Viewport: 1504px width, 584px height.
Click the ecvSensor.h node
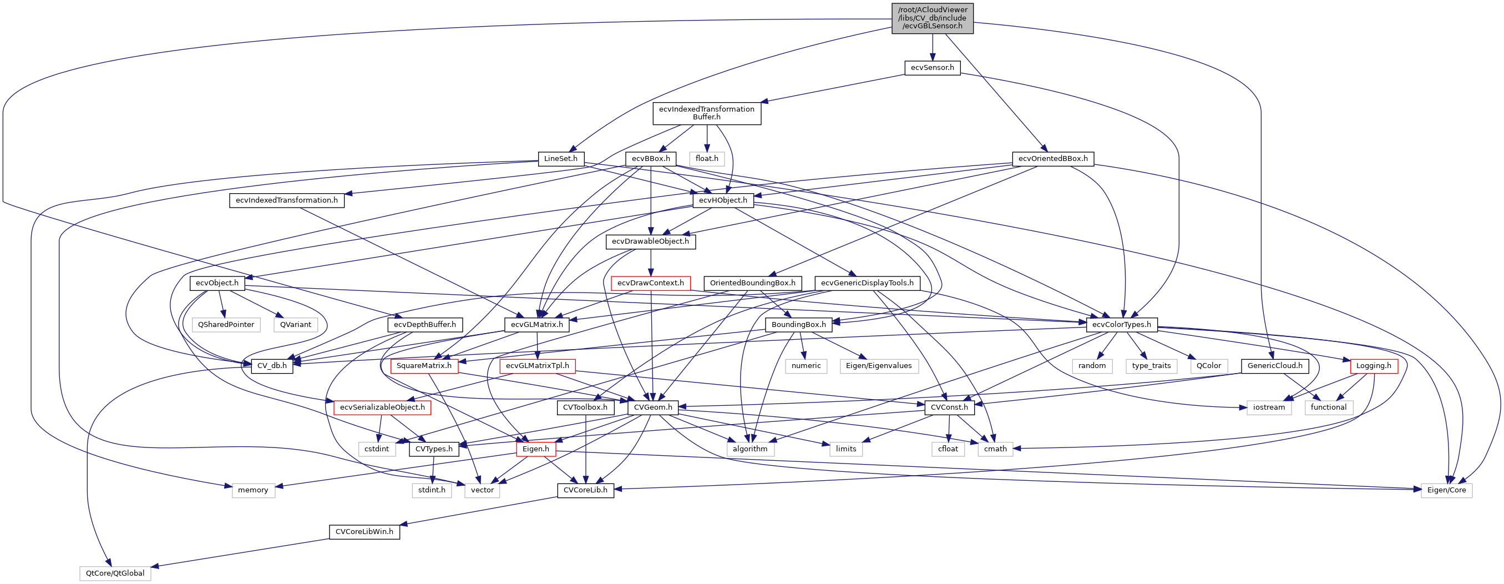click(x=932, y=68)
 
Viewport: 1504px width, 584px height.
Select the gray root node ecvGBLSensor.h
click(x=932, y=18)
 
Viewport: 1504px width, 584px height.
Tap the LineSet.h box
click(x=560, y=159)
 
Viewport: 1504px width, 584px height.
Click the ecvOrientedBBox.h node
click(x=1052, y=159)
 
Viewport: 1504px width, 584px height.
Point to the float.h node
click(x=707, y=159)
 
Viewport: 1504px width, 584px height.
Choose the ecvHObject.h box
click(x=723, y=200)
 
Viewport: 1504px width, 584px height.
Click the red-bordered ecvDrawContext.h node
click(x=650, y=283)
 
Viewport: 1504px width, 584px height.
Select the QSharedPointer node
click(x=226, y=325)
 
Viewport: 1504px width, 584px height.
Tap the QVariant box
click(x=296, y=325)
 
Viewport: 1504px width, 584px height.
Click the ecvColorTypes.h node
click(x=1122, y=325)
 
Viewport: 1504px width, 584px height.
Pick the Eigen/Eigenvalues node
click(x=879, y=366)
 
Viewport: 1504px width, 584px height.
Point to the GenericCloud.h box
click(x=1274, y=366)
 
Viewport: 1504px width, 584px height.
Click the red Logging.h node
click(x=1373, y=366)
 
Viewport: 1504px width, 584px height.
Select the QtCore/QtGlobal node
click(x=115, y=573)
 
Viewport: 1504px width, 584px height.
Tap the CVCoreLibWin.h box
click(x=364, y=532)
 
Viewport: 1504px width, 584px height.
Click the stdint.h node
click(x=432, y=491)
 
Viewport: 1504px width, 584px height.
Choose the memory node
click(x=253, y=491)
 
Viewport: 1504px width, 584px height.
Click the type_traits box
click(x=1151, y=366)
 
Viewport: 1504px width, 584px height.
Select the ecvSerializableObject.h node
click(x=382, y=407)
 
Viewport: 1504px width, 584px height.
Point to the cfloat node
click(x=948, y=449)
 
